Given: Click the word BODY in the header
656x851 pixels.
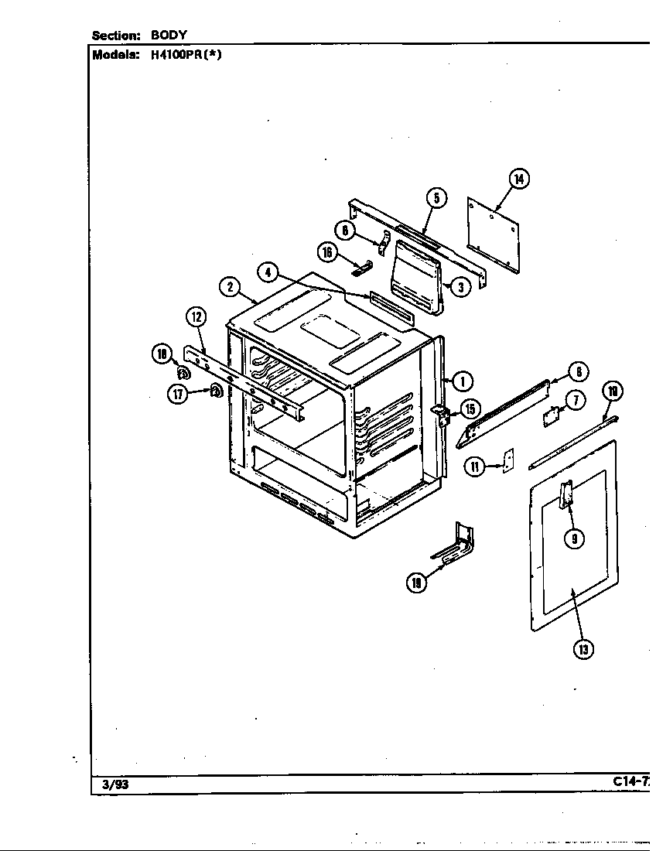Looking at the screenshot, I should [x=169, y=35].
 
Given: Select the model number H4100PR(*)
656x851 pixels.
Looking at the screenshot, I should [x=180, y=55].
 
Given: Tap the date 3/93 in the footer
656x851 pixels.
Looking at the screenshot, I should [x=114, y=784].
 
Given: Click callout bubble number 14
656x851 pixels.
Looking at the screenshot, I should [x=518, y=179].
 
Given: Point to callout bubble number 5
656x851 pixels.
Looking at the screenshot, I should [x=436, y=199].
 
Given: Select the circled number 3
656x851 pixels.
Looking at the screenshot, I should [x=460, y=287].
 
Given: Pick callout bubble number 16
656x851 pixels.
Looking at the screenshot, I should [x=328, y=251].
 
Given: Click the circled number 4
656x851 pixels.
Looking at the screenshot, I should [x=267, y=272].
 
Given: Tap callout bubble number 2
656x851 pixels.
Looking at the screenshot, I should [x=229, y=286].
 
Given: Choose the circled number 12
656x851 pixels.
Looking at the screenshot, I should [x=196, y=316].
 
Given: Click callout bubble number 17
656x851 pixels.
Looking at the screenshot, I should [x=179, y=393].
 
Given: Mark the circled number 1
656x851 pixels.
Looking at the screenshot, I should [x=462, y=380].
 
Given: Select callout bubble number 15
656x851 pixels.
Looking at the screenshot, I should [x=470, y=408].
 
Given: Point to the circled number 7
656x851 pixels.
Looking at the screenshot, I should [x=574, y=399].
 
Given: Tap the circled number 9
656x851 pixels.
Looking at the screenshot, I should [x=573, y=539].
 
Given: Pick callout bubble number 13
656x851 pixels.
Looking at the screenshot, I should [x=583, y=648].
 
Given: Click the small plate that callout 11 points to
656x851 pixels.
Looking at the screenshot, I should [x=507, y=461].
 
